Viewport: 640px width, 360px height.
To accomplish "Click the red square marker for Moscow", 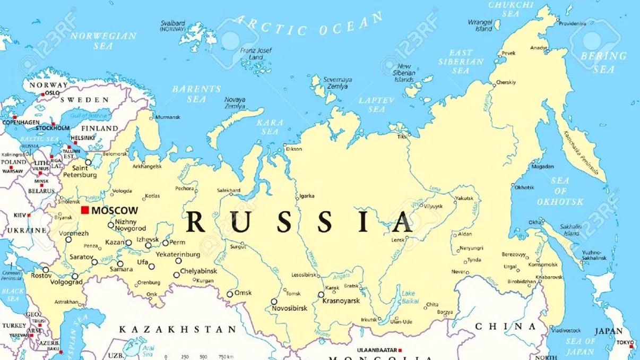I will pos(85,210).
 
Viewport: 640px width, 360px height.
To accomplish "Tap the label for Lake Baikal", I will pos(408,297).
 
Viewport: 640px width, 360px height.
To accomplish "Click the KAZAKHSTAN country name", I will pos(177,330).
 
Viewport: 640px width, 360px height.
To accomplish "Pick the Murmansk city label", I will pos(168,117).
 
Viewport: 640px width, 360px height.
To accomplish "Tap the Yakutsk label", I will pos(463,198).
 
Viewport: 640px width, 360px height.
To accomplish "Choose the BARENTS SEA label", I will pos(196,94).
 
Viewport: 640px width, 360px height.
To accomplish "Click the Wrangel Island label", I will pos(480,25).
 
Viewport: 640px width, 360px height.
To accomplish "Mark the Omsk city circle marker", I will pos(230,294).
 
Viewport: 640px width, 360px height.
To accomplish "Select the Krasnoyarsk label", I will pos(341,301).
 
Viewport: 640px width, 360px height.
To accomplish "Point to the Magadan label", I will pos(542,166).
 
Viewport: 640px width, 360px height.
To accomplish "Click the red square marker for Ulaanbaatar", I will pos(401,350).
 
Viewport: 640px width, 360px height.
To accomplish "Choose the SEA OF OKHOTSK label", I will pos(560,191).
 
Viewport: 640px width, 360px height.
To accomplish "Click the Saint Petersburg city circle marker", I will pos(88,162).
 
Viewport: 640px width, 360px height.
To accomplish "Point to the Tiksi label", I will pos(402,136).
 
